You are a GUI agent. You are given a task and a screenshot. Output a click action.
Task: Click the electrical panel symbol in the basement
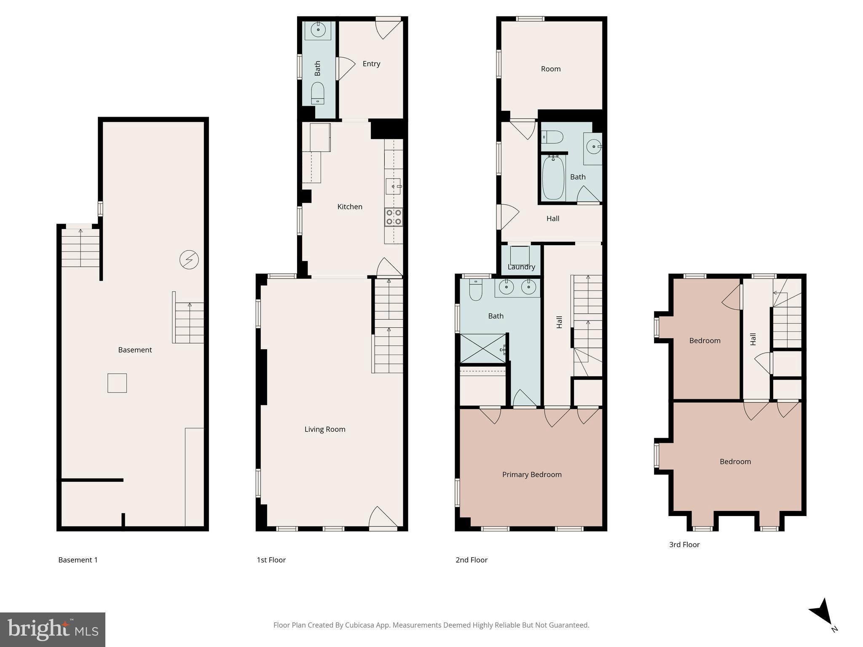click(189, 260)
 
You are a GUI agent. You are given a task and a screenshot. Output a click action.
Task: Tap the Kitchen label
click(350, 206)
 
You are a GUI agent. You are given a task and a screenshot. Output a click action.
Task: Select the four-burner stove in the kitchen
click(394, 217)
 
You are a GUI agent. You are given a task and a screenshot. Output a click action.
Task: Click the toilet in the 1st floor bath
click(318, 93)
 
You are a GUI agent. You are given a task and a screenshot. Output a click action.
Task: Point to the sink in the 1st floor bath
click(318, 30)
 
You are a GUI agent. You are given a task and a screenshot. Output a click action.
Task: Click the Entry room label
click(371, 64)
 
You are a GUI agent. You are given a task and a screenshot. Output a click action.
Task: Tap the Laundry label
click(521, 267)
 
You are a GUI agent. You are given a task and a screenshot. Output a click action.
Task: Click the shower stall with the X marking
click(482, 348)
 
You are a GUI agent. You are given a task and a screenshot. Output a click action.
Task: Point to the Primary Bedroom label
click(532, 474)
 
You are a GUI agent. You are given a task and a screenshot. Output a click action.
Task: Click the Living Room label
click(325, 429)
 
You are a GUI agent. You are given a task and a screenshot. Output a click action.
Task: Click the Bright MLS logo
click(53, 629)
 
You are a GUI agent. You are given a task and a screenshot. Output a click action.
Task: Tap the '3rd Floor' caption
click(684, 544)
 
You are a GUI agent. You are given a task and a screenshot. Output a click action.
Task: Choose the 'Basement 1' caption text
click(78, 560)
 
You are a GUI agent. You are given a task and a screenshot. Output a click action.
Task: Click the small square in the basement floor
click(117, 383)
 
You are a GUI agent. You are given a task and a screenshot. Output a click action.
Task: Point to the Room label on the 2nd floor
click(551, 69)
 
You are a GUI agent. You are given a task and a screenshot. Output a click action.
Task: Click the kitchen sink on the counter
click(393, 186)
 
